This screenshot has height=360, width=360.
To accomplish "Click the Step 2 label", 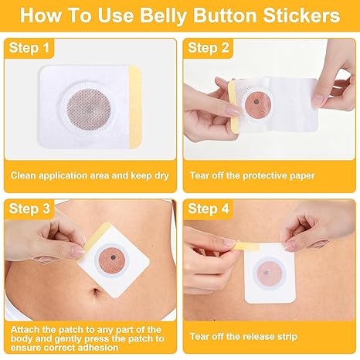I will pyautogui.click(x=209, y=48).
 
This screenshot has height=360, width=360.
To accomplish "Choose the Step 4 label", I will pyautogui.click(x=209, y=209).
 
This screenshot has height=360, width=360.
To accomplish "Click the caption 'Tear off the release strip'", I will pyautogui.click(x=243, y=337).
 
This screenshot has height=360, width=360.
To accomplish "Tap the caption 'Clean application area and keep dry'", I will pyautogui.click(x=90, y=175).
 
